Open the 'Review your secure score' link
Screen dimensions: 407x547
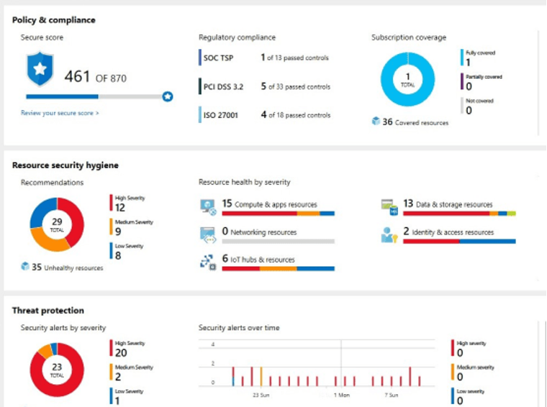[x=60, y=113]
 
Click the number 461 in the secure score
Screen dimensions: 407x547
[x=78, y=76]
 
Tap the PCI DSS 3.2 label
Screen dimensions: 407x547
[x=223, y=87]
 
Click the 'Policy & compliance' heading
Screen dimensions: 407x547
[x=54, y=20]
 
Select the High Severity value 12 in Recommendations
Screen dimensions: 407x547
[x=120, y=208]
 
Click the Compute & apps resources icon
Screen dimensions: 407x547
[x=207, y=206]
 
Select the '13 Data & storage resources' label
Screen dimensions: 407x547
[x=448, y=204]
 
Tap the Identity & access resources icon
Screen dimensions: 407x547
[x=389, y=234]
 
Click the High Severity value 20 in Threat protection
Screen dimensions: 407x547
[x=121, y=352]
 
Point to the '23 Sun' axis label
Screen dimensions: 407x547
[x=261, y=395]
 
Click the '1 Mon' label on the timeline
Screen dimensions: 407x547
[x=342, y=395]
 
